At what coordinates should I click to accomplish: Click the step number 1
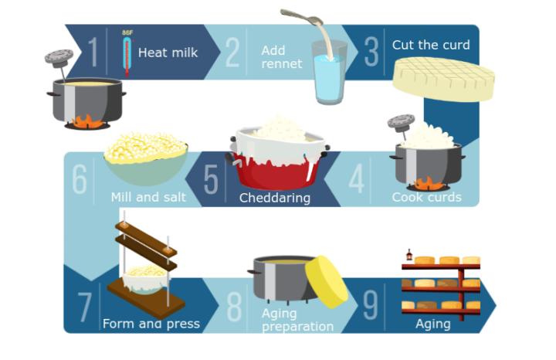tap(93, 53)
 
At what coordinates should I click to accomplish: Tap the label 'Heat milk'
tap(168, 53)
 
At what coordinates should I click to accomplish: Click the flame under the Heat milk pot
tap(86, 120)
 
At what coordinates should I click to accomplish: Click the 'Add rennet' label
tap(281, 57)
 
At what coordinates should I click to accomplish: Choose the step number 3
tap(371, 52)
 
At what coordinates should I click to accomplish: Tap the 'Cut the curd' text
tap(430, 45)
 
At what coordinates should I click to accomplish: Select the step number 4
tap(356, 179)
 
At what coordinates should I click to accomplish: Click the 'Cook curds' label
tap(426, 197)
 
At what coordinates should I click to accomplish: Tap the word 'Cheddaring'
tap(274, 198)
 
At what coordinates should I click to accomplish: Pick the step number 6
tap(80, 179)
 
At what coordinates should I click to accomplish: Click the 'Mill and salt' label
tap(147, 197)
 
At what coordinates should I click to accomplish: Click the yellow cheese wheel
tap(327, 281)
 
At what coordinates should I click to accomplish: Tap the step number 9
tap(371, 306)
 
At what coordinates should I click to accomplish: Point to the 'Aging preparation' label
tap(297, 319)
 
